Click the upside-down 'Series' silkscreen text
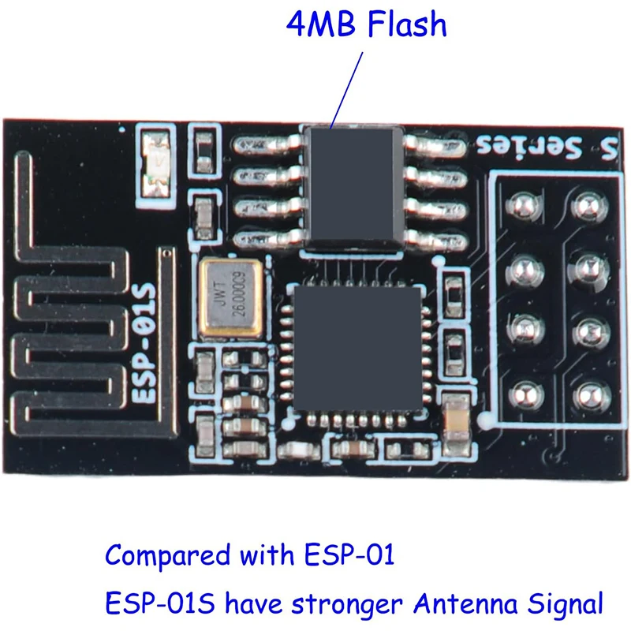click(x=530, y=147)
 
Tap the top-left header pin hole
click(x=523, y=206)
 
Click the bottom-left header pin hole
click(x=523, y=392)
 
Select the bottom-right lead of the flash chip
click(x=431, y=234)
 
